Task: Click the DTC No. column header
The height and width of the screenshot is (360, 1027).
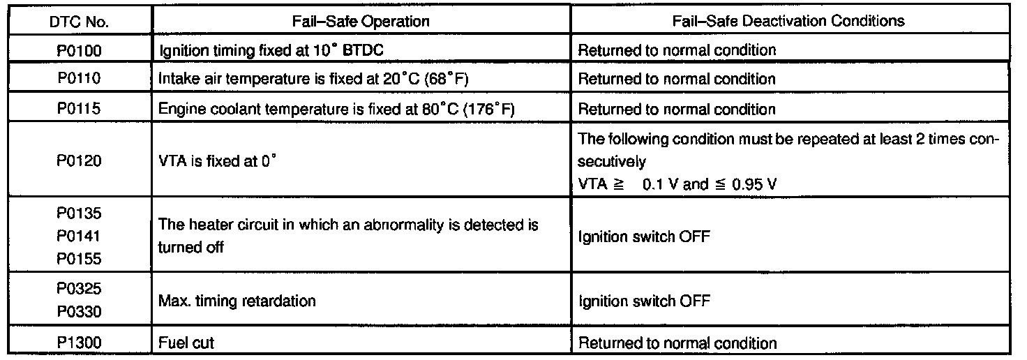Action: (80, 21)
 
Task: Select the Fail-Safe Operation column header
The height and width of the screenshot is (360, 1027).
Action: (361, 21)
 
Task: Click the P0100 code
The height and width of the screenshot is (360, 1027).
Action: (80, 50)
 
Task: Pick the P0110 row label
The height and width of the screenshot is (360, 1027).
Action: (80, 79)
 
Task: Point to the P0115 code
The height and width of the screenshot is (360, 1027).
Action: (80, 110)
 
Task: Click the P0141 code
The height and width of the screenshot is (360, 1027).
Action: (80, 237)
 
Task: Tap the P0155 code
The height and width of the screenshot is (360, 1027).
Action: (80, 258)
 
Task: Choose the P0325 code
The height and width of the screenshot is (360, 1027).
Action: (80, 290)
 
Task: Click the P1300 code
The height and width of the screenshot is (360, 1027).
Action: (80, 343)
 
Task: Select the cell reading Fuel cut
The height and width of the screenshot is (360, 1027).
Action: (187, 343)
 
